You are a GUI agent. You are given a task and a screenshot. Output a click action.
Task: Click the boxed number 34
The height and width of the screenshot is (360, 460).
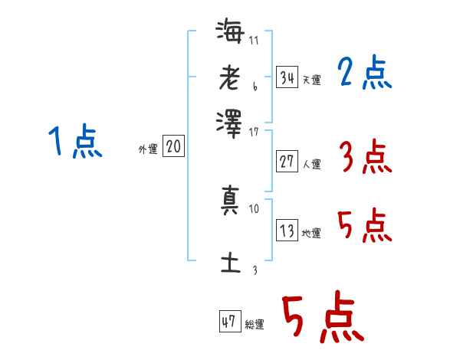[x=287, y=77]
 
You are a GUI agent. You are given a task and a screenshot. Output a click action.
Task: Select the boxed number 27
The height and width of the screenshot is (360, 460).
[x=287, y=161]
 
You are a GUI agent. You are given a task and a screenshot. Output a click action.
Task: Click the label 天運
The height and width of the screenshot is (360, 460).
[x=311, y=80]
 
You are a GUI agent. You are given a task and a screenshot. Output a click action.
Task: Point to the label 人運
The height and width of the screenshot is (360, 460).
[x=311, y=164]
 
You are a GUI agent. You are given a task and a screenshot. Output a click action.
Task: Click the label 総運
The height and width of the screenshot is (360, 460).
[x=255, y=324]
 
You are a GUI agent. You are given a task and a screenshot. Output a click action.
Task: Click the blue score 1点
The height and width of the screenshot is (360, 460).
[x=75, y=142]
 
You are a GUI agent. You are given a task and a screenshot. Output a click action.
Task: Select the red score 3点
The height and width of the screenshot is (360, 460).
[x=365, y=158]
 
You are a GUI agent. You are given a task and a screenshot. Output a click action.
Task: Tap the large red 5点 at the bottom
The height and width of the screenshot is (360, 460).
[x=322, y=319]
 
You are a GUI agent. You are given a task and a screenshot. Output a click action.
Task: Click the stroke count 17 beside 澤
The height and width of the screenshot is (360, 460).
[x=254, y=132]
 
